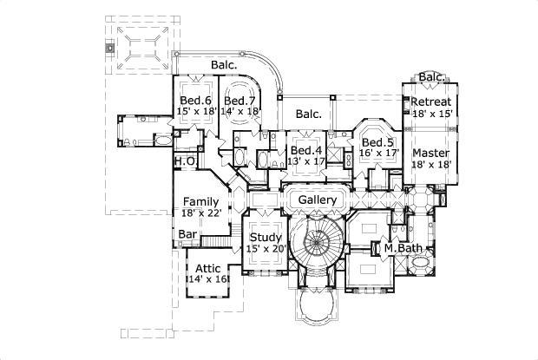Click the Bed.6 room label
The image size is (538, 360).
click(195, 100)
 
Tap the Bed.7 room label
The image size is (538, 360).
click(239, 100)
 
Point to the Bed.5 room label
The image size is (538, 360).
click(377, 142)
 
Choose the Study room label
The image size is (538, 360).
click(266, 237)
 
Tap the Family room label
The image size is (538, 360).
click(200, 201)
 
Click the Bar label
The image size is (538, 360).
click(187, 234)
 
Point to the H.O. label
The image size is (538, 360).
click(184, 161)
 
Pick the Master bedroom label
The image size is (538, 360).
click(430, 153)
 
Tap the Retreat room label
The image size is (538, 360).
click(431, 101)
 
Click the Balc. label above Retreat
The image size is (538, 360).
click(432, 77)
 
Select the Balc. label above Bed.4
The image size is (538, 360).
click(308, 114)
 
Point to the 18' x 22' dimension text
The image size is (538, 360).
click(200, 213)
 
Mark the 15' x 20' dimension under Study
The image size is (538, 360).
click(266, 249)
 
